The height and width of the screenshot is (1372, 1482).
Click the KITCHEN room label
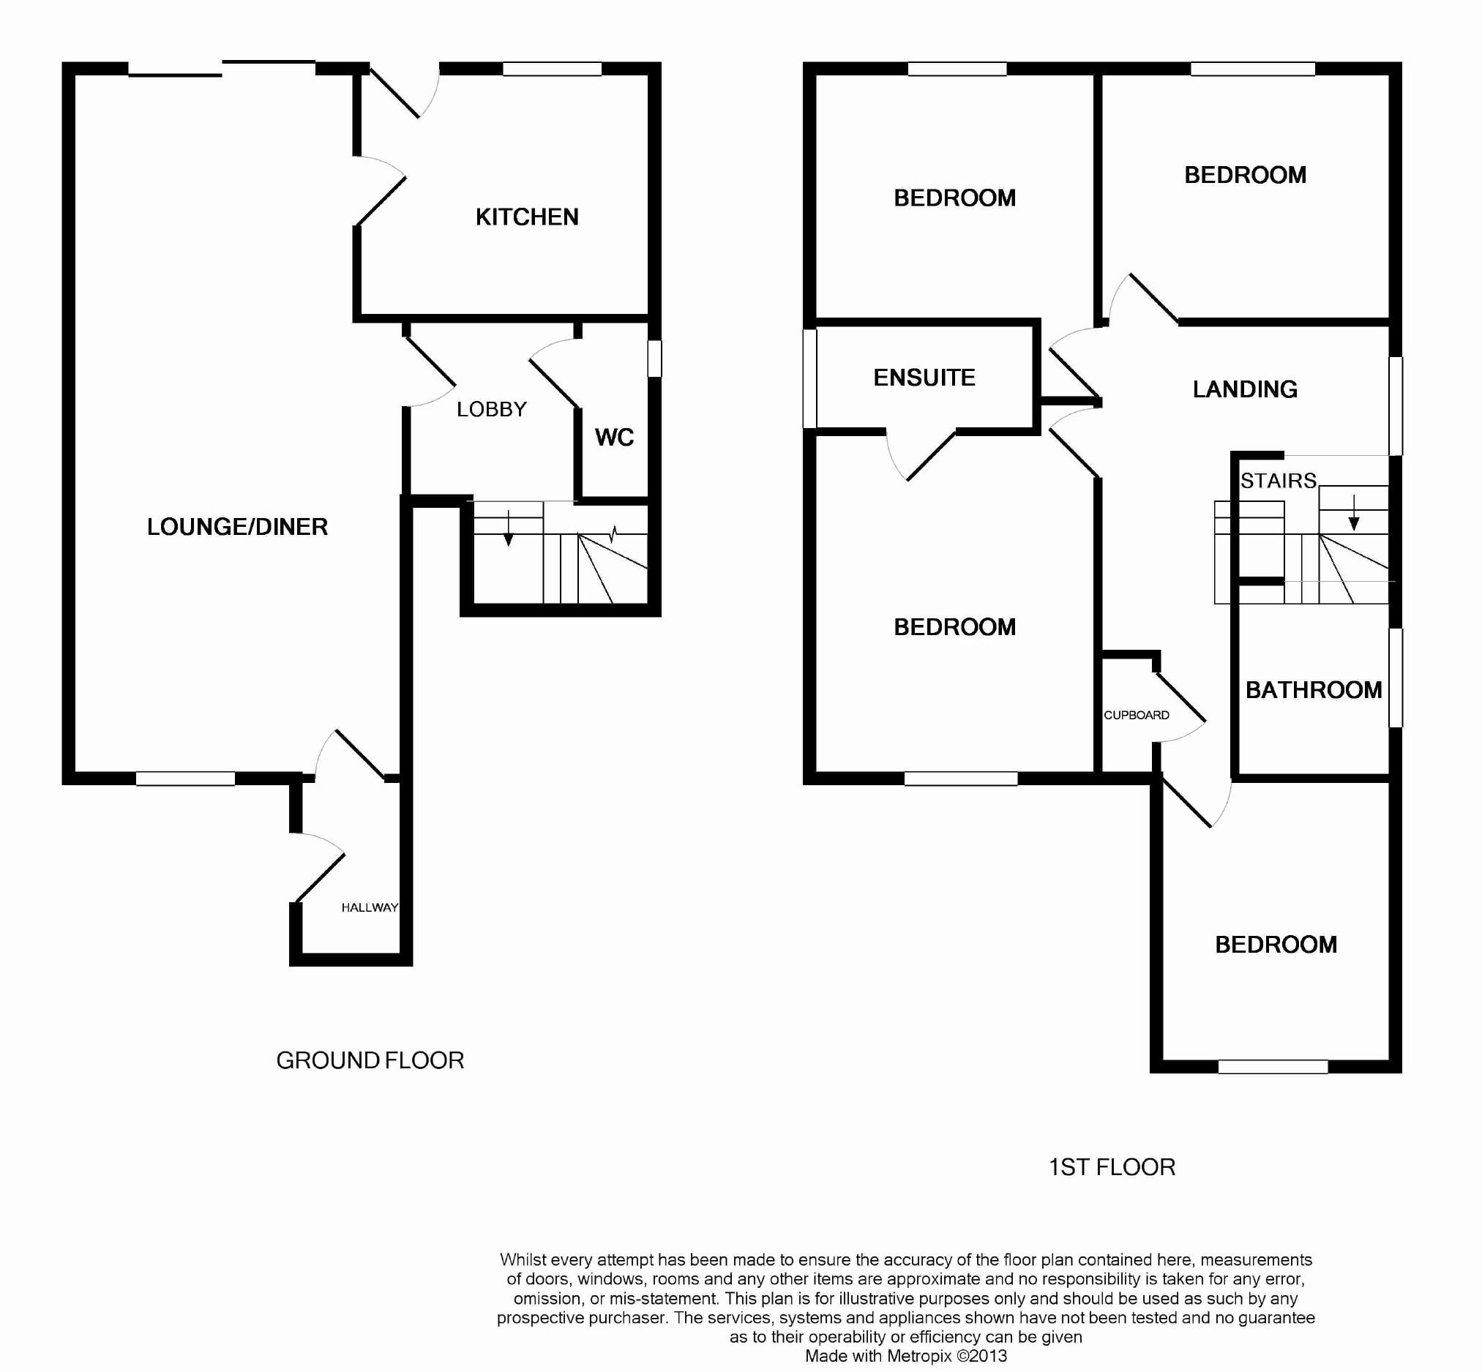click(527, 217)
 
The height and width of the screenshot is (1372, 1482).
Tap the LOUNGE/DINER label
click(238, 527)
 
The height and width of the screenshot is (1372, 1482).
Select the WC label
click(615, 438)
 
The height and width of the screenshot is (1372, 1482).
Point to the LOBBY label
click(492, 409)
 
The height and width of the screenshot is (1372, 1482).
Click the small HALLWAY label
click(370, 907)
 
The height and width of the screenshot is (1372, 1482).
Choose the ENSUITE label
click(924, 378)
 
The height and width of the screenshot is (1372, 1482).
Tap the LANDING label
click(1245, 389)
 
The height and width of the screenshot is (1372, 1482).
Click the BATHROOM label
click(1314, 691)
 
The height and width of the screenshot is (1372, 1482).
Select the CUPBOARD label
click(1137, 715)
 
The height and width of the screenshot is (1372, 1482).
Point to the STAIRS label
click(1279, 481)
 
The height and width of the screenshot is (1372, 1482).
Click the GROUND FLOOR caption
click(370, 1060)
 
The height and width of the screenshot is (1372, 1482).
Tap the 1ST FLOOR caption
click(1112, 1167)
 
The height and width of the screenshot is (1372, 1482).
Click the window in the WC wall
click(654, 359)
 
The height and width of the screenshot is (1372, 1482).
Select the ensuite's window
click(810, 378)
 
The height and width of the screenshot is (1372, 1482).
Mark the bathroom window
click(1396, 678)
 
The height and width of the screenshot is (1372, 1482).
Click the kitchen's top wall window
click(552, 69)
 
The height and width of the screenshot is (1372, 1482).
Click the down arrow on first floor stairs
click(1355, 513)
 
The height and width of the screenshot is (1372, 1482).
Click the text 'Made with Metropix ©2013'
click(906, 1356)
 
